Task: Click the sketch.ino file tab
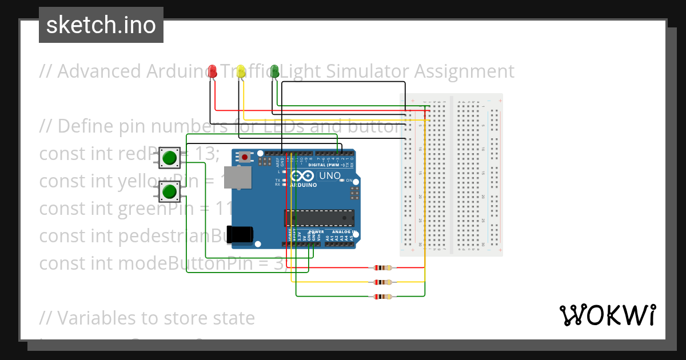(x=101, y=25)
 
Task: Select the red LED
(x=213, y=71)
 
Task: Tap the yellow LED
(x=241, y=71)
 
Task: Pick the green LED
(x=274, y=71)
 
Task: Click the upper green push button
(x=169, y=157)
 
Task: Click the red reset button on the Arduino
(x=245, y=156)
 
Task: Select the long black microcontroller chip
(x=319, y=218)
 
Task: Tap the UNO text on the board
(x=329, y=175)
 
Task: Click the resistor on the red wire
(x=382, y=267)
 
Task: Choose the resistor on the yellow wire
(x=382, y=282)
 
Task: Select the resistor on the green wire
(x=382, y=296)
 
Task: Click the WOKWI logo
(x=607, y=315)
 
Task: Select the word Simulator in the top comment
(x=360, y=71)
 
